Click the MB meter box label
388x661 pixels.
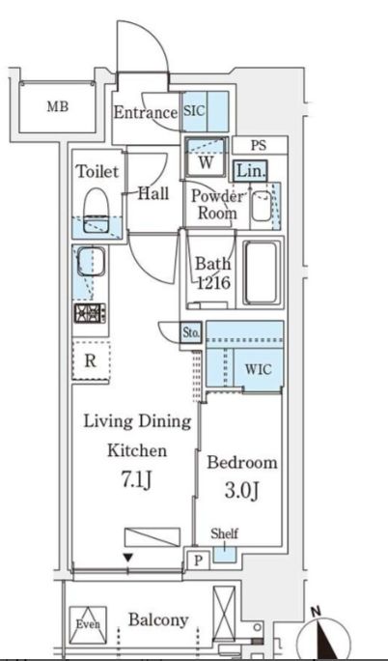tap(58, 106)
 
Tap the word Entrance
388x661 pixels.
tap(146, 112)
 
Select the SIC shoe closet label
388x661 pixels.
tap(194, 111)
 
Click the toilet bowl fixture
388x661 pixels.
tap(97, 210)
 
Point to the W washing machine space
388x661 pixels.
tap(206, 158)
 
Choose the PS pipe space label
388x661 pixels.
tap(259, 145)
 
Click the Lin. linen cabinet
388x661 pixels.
tap(250, 171)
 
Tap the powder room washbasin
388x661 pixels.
tap(262, 205)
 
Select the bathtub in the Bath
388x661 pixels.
tap(263, 273)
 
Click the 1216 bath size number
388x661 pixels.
tap(214, 283)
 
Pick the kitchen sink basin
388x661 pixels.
tap(91, 261)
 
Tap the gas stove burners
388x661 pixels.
tap(90, 313)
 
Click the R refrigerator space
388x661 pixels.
tap(91, 361)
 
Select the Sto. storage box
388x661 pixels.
tap(191, 333)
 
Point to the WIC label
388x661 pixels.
tap(258, 370)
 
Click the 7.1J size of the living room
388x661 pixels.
tap(136, 481)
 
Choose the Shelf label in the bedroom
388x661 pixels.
tap(224, 533)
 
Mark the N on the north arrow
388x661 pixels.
tap(316, 611)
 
